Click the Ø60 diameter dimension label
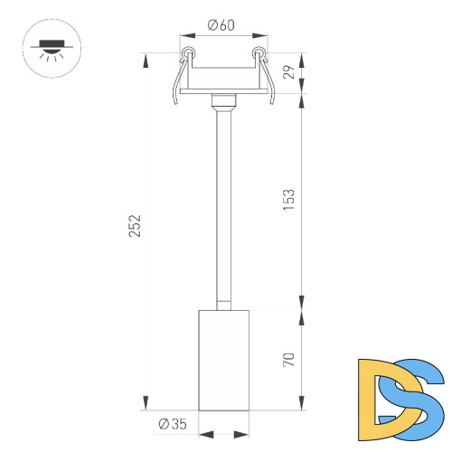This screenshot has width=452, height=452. pos(221,25)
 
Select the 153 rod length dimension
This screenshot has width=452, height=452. pos(289,200)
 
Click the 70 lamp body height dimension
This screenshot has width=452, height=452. pos(289,359)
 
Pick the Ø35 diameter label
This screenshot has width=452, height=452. pos(172,423)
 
